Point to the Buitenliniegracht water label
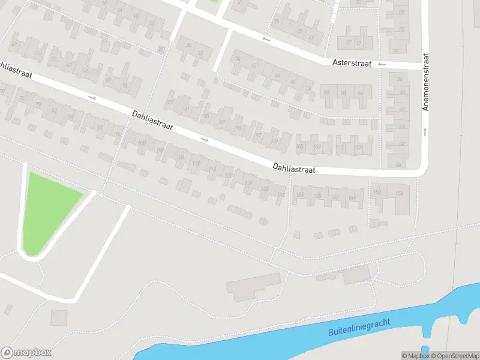(x=359, y=328)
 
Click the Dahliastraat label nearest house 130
(x=294, y=169)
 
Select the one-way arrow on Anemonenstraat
(x=425, y=130)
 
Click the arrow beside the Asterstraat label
(x=382, y=64)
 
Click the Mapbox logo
(x=26, y=353)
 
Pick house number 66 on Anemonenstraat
(x=398, y=164)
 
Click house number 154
(x=399, y=193)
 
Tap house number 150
(x=377, y=192)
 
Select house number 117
(x=358, y=146)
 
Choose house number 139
(x=318, y=196)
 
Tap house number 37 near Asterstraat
(x=349, y=43)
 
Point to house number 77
(x=170, y=103)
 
